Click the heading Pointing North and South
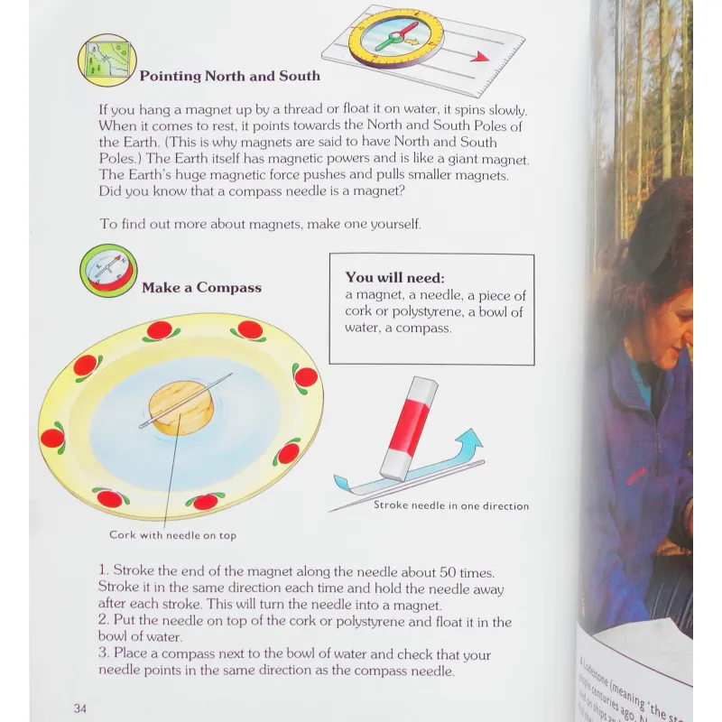(x=229, y=76)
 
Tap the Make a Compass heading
(x=201, y=288)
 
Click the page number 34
(x=80, y=707)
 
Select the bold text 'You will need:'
(x=394, y=278)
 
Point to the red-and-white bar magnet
(x=408, y=428)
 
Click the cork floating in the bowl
(x=180, y=407)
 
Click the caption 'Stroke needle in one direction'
(x=451, y=505)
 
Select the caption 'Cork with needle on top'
(x=172, y=535)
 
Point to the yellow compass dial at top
(x=396, y=39)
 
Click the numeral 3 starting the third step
(x=104, y=654)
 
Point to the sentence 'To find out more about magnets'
(x=260, y=223)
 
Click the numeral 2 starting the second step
(x=104, y=622)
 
